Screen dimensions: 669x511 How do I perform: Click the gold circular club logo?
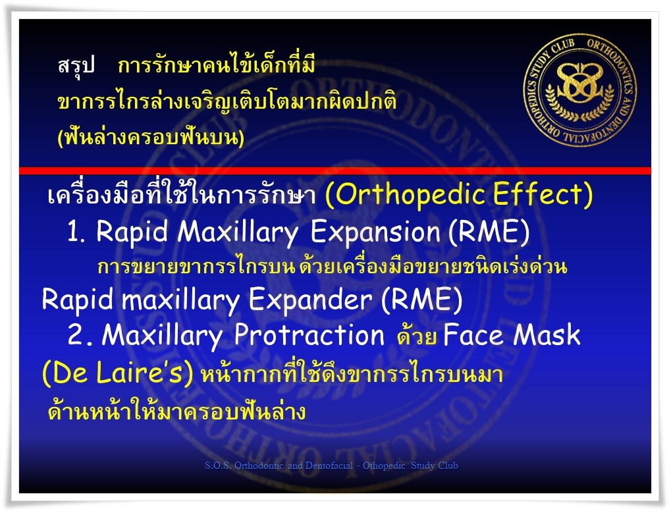click(x=580, y=90)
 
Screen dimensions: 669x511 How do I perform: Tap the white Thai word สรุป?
click(x=76, y=66)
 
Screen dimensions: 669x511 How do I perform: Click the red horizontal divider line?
click(x=335, y=171)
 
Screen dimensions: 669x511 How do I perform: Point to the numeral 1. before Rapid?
click(x=76, y=233)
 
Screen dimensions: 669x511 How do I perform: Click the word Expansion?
click(x=375, y=233)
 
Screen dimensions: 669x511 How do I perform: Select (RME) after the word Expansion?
click(x=489, y=233)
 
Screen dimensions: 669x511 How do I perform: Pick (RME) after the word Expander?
click(x=421, y=300)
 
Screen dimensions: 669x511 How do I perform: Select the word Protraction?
click(x=309, y=335)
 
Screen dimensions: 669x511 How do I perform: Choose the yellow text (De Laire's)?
click(x=118, y=373)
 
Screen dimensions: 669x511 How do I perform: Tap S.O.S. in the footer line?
click(x=219, y=466)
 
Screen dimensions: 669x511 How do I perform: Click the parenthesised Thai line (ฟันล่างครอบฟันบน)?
click(x=151, y=138)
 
